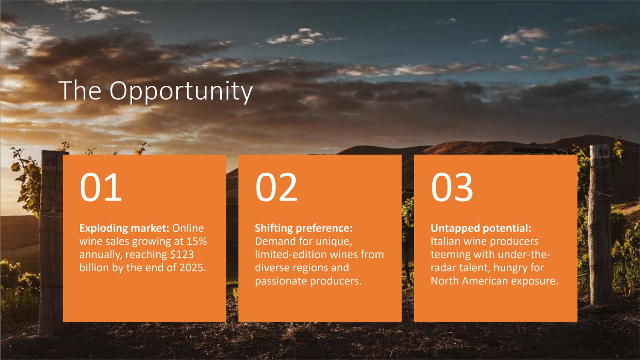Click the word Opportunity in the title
[181, 92]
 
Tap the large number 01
[101, 187]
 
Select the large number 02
[276, 187]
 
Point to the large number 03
[452, 187]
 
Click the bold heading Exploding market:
[124, 228]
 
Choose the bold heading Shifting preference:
[304, 228]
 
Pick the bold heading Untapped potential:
[481, 228]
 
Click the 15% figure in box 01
[197, 241]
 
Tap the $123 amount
[182, 254]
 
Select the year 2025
[192, 268]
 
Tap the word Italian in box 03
[445, 241]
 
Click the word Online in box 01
[188, 228]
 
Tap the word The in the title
[80, 90]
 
